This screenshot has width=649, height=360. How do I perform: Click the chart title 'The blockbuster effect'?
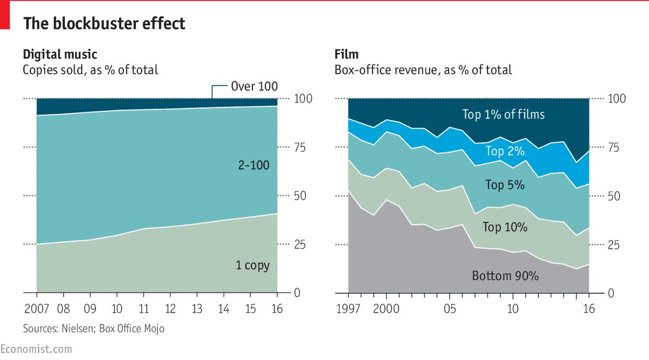click(x=104, y=24)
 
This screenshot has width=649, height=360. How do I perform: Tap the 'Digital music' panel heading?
click(x=60, y=54)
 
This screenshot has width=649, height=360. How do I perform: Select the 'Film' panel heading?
click(x=346, y=54)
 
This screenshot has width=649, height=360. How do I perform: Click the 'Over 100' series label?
click(x=254, y=86)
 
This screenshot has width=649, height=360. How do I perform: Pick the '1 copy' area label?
click(x=253, y=266)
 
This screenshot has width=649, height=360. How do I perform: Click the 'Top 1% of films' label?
click(x=503, y=115)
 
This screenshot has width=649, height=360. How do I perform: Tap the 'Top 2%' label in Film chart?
click(x=504, y=151)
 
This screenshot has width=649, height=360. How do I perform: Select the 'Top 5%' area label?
click(x=504, y=185)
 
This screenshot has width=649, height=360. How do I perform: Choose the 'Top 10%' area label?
click(x=504, y=227)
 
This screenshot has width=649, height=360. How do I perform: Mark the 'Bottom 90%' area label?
click(x=505, y=276)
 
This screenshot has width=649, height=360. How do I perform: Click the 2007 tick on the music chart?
click(x=37, y=309)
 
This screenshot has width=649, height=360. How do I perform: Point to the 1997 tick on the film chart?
click(x=348, y=309)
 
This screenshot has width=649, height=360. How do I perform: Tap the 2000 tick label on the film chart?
click(x=386, y=309)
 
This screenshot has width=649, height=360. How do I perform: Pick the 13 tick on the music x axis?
click(x=197, y=309)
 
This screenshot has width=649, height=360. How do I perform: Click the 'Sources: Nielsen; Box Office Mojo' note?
click(x=93, y=329)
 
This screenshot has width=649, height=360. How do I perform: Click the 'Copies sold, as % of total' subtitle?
click(x=90, y=70)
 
